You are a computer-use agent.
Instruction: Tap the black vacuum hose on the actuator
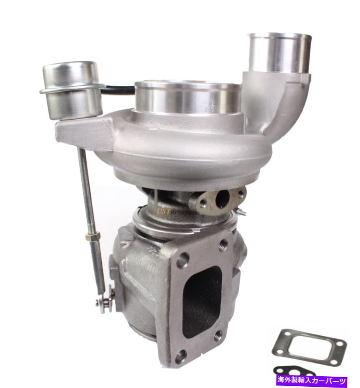(119, 90)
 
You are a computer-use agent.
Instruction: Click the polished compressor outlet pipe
(279, 52)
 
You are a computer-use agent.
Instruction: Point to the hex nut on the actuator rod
(91, 237)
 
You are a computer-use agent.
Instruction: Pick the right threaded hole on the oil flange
(240, 194)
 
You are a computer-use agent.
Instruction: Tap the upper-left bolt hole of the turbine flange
(183, 260)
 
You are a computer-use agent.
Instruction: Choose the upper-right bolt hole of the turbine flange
(223, 245)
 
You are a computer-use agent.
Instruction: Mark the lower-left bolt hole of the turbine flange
(180, 356)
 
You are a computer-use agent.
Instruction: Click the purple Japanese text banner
(311, 381)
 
